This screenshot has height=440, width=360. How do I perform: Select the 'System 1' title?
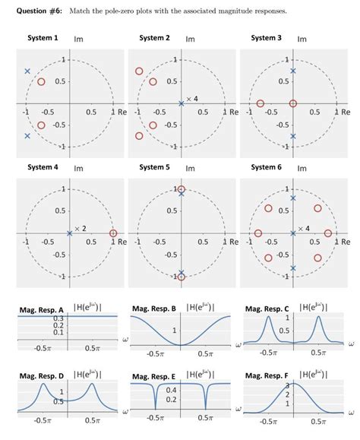coord(43,38)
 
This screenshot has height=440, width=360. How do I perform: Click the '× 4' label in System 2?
coord(192,99)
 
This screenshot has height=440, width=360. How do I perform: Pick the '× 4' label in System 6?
coord(304,227)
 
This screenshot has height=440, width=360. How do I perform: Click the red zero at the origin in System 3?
coord(293,103)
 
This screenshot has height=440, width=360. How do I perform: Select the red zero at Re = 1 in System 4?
coord(113,233)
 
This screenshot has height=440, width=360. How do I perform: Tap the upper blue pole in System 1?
coord(27,71)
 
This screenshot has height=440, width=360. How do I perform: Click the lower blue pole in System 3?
coord(293,136)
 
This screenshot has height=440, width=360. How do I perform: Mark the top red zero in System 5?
coord(181,189)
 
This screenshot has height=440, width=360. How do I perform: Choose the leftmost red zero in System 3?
coord(261,103)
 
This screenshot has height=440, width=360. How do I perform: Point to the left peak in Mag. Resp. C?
coord(267,318)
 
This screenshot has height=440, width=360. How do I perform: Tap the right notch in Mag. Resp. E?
coord(206,402)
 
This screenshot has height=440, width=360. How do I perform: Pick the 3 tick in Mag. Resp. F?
coord(288,386)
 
